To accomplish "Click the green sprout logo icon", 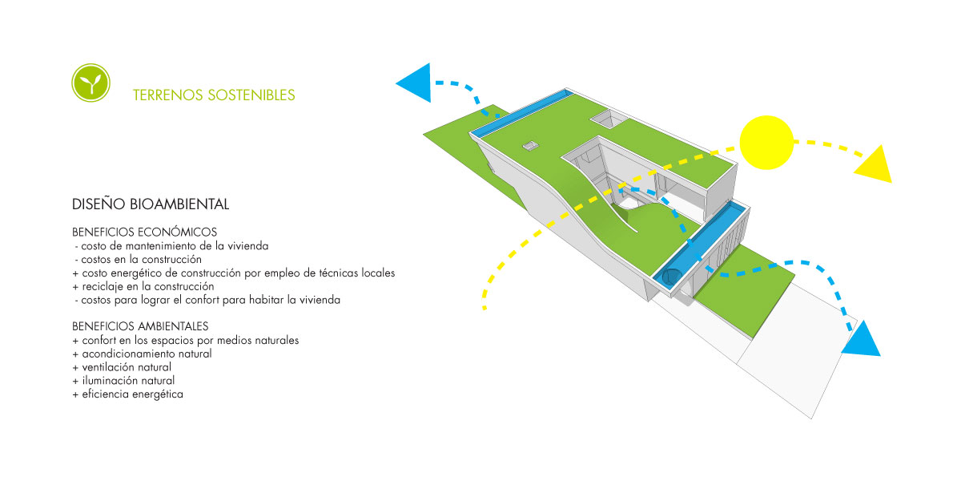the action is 90,83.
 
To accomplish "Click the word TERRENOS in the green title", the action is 167,95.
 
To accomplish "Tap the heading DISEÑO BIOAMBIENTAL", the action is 151,204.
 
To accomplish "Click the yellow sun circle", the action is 766,142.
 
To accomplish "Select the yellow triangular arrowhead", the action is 875,166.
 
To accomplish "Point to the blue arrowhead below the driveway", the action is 862,342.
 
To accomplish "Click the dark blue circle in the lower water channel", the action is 671,277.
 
